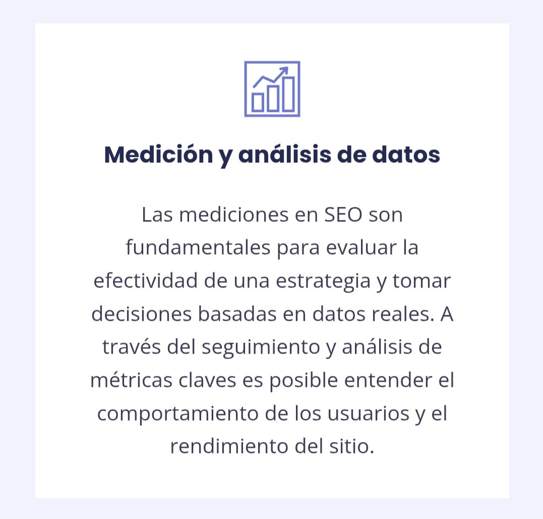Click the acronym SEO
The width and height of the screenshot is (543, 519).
pyautogui.click(x=341, y=215)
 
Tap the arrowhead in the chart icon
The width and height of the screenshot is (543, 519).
pyautogui.click(x=284, y=70)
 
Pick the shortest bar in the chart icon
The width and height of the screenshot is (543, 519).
pyautogui.click(x=258, y=101)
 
